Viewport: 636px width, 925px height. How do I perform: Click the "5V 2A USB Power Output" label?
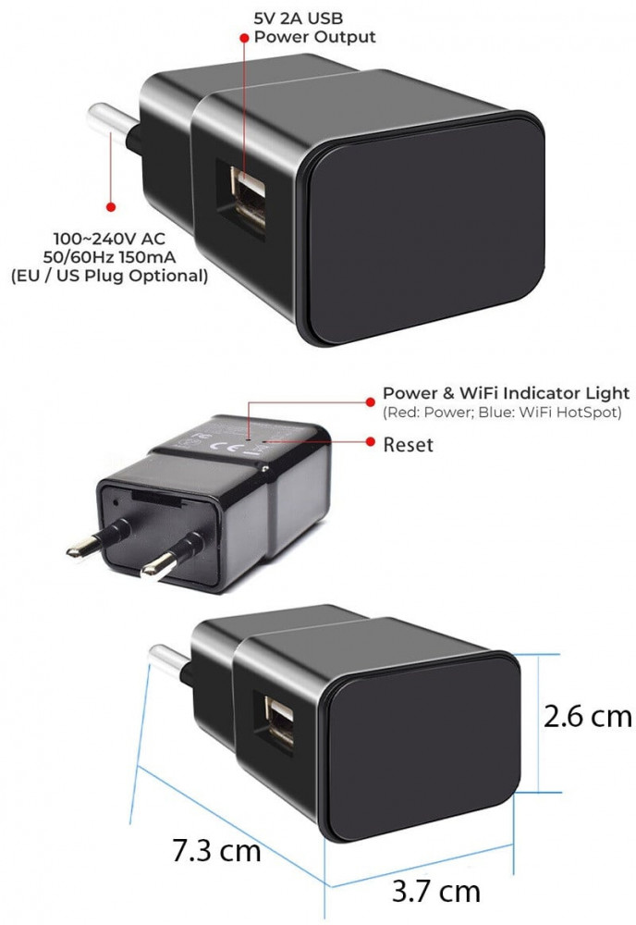click(314, 27)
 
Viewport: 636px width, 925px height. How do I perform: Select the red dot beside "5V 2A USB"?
click(244, 37)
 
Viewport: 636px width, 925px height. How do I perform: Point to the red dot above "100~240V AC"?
click(111, 206)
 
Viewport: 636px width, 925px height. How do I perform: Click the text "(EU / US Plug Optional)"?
click(110, 276)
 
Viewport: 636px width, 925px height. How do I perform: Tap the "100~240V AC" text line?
click(109, 239)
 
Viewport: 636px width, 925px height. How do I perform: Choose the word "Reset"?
click(408, 444)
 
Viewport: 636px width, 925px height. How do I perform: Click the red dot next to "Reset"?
click(371, 441)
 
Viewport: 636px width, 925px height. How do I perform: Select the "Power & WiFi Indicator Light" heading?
click(507, 393)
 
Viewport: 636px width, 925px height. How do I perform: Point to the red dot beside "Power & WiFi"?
click(370, 401)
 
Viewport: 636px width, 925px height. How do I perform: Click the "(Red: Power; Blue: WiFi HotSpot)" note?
click(502, 412)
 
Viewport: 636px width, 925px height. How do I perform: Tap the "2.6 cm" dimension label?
click(588, 716)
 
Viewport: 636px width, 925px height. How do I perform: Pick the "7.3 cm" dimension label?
click(216, 850)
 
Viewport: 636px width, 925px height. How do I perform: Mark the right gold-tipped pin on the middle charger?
click(173, 554)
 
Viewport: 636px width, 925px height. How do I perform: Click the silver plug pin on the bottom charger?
click(170, 660)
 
